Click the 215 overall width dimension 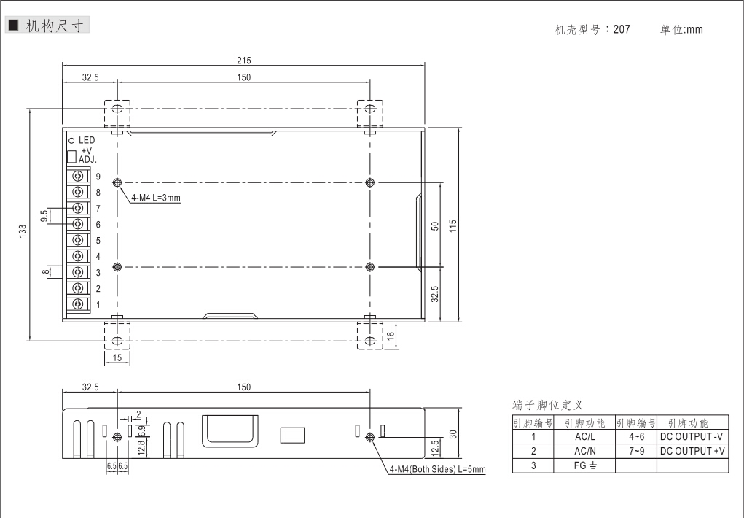tap(244, 61)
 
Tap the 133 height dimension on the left tap(23, 231)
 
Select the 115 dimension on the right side tap(453, 225)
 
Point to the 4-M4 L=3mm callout tap(156, 198)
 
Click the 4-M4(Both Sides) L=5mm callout tap(437, 470)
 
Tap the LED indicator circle tap(71, 140)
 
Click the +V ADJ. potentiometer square tap(71, 156)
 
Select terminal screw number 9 tap(78, 176)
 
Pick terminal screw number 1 tap(78, 304)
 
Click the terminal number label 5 tap(98, 241)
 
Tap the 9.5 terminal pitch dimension tap(44, 216)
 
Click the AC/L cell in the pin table tap(584, 437)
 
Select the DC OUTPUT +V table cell tap(692, 451)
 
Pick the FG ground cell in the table tap(584, 465)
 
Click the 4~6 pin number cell tap(636, 437)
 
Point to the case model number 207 tap(622, 29)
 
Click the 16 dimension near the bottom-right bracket tap(391, 336)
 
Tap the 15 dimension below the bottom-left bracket tap(117, 357)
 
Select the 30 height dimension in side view tap(453, 434)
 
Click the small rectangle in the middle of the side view tap(292, 436)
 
